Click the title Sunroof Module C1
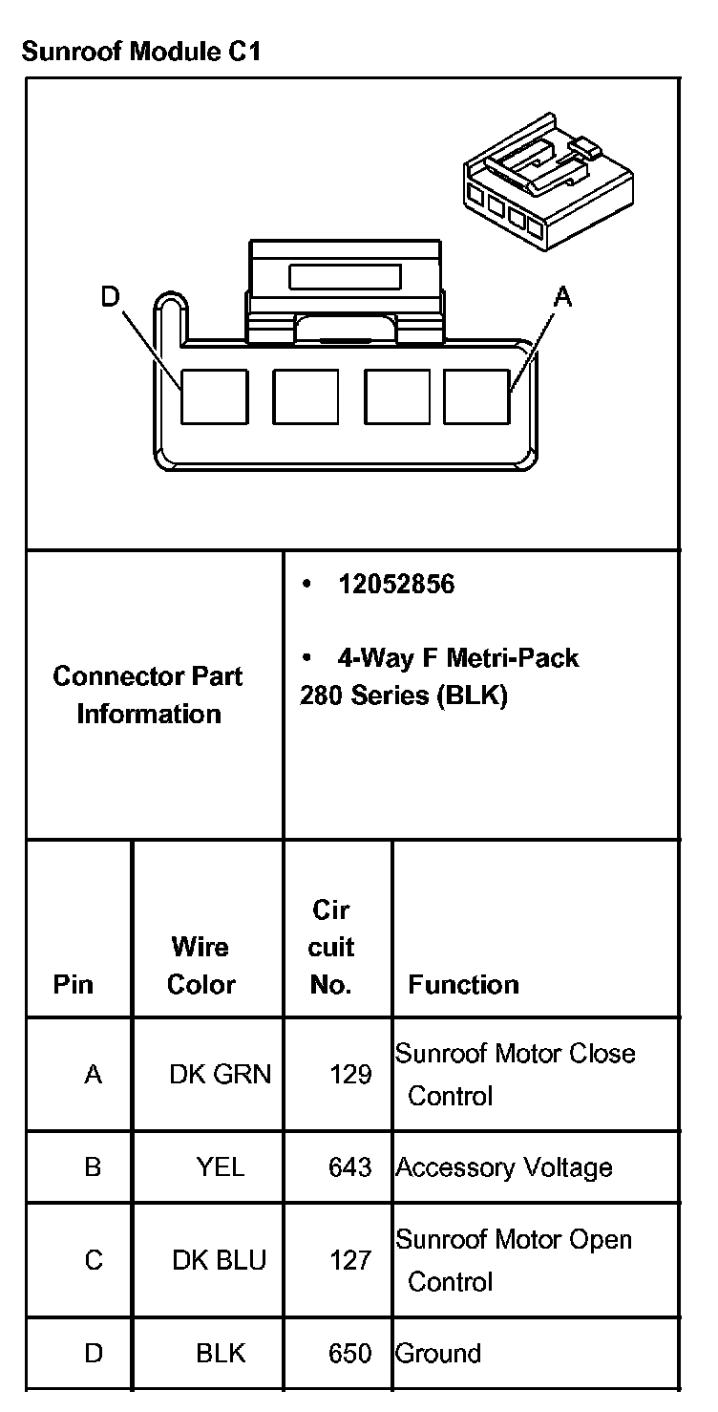click(x=140, y=52)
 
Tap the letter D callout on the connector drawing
click(x=111, y=298)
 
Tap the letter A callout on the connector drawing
click(x=563, y=298)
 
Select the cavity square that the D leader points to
click(x=215, y=396)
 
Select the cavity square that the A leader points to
click(x=476, y=396)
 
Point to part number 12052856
click(x=396, y=584)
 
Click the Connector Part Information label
click(x=148, y=695)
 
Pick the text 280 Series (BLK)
click(x=403, y=695)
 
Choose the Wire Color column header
click(x=201, y=965)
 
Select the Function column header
click(x=463, y=984)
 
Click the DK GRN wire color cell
click(x=220, y=1075)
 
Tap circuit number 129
click(x=350, y=1075)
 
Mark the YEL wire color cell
click(x=220, y=1166)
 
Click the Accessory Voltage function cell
click(x=504, y=1167)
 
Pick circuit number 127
click(x=350, y=1260)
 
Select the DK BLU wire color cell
click(x=219, y=1260)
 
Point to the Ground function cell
click(x=438, y=1353)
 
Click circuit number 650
click(x=350, y=1353)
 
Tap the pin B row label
click(x=93, y=1166)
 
